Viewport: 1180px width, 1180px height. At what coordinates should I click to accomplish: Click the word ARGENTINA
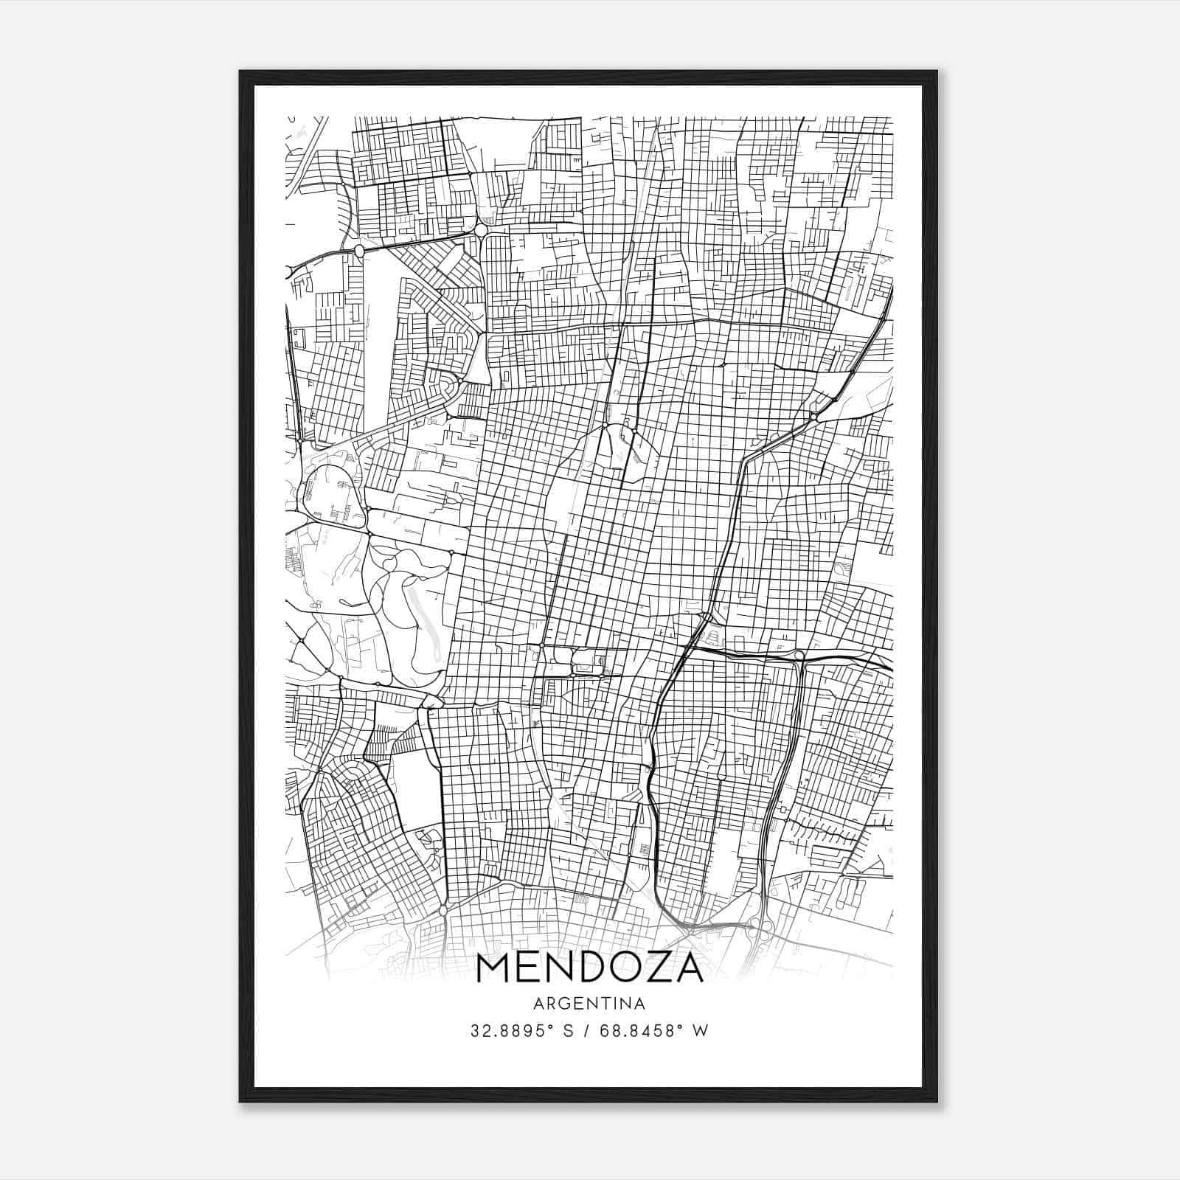point(589,1004)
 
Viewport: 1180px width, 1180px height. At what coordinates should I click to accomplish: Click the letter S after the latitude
point(568,1031)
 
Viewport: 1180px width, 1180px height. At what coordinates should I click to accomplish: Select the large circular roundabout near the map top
point(481,231)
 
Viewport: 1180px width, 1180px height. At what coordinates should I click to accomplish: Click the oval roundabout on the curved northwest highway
point(359,251)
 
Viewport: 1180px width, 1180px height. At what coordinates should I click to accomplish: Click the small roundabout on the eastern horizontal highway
point(799,654)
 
